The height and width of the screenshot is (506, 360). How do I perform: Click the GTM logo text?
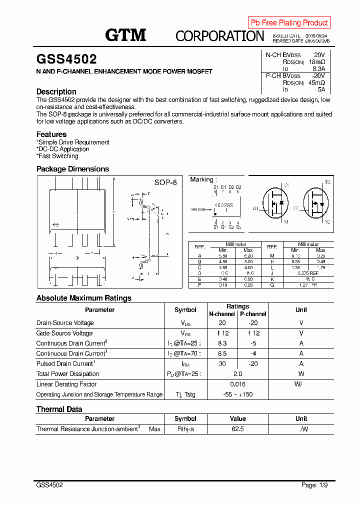tap(125, 35)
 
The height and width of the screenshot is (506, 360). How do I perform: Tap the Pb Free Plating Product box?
tap(289, 22)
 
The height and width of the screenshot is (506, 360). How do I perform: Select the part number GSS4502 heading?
tap(66, 59)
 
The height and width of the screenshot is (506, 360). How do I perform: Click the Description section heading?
tap(56, 91)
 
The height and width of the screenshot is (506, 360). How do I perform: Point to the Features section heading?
tap(51, 134)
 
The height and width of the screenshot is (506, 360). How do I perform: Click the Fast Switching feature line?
tap(57, 156)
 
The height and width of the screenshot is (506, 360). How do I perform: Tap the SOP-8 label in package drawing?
tap(165, 182)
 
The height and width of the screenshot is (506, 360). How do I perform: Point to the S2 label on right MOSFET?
tap(327, 221)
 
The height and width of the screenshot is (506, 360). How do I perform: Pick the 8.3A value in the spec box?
tap(318, 68)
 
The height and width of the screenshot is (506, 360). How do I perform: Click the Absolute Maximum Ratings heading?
tap(84, 298)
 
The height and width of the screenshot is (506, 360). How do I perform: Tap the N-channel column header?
tap(222, 314)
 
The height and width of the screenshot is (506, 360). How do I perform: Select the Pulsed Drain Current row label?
tap(65, 363)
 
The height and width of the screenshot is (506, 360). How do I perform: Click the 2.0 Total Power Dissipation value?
tap(237, 373)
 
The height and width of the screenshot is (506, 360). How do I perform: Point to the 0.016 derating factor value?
tap(237, 384)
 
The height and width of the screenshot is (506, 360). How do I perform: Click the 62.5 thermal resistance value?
tap(237, 429)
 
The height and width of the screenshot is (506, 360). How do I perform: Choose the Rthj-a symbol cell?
tap(185, 429)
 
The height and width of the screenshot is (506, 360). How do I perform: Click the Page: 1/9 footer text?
tap(315, 485)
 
